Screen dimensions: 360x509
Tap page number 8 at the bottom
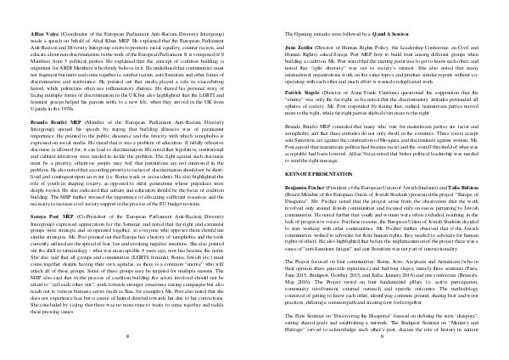click(127, 336)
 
